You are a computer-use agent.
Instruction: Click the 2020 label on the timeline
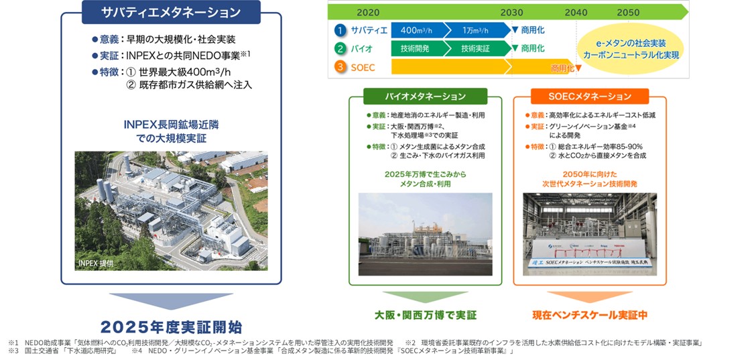[368, 12]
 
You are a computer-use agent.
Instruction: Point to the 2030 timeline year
[511, 12]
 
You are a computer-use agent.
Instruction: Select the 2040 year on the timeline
[576, 12]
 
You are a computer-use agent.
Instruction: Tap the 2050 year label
[628, 12]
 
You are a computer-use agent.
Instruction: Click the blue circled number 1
[340, 30]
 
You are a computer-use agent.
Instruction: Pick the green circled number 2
[340, 48]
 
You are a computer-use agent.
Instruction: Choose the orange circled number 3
[340, 67]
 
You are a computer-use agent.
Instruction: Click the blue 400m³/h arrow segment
[418, 30]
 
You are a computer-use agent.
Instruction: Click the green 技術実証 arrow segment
[477, 48]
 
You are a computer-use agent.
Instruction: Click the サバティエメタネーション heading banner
[171, 13]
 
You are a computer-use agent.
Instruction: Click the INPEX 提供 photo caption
[96, 262]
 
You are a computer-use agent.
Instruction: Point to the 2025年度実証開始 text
[170, 326]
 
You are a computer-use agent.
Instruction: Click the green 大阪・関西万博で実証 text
[425, 314]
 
